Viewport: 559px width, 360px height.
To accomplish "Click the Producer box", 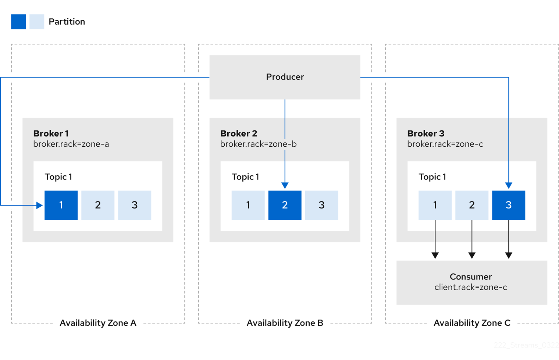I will coord(285,77).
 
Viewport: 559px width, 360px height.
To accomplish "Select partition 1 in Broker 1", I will coord(61,205).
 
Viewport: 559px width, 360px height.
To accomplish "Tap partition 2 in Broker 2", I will coord(285,205).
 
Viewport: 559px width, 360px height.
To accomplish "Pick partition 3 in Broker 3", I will coord(508,205).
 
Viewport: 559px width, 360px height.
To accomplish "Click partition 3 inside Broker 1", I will coord(135,205).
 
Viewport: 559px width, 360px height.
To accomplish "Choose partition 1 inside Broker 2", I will coord(248,205).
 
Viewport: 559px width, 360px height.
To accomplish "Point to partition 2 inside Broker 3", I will coord(471,205).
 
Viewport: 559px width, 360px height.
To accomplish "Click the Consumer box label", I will coord(470,277).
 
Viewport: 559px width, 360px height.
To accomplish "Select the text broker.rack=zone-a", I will coord(71,144).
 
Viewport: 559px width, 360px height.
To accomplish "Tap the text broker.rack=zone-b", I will coord(258,144).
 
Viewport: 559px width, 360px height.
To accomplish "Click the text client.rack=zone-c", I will coord(470,287).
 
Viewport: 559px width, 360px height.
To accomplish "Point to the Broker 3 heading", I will coord(426,133).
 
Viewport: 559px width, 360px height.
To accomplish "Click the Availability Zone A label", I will coord(98,323).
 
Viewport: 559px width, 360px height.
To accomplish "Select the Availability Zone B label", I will coord(285,323).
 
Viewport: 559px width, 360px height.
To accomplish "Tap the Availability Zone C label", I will coord(471,323).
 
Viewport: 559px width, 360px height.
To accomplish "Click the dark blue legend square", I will coord(18,22).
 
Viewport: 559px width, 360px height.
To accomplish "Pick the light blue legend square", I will coord(37,22).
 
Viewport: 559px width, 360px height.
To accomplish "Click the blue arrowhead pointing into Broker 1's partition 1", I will coord(40,205).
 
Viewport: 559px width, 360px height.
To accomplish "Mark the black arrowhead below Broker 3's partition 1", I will coord(435,255).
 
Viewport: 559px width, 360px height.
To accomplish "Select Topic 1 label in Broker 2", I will coord(245,177).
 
